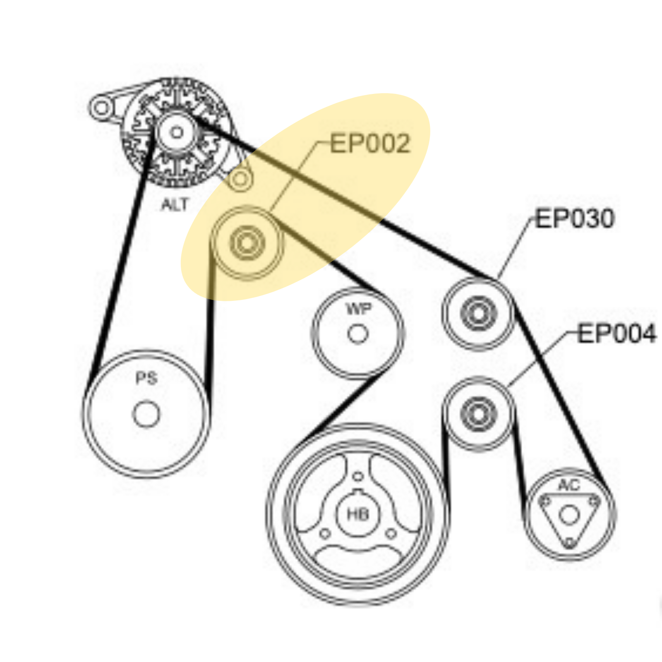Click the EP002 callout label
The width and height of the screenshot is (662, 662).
point(370,144)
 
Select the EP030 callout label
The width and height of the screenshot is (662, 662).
point(575,218)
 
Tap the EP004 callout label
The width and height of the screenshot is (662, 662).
point(617,333)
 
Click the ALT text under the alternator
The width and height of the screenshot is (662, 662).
point(175,204)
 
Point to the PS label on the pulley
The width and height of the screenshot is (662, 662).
point(147,378)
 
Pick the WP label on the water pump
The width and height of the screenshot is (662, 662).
point(358,309)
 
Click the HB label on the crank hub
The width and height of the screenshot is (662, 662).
point(357,515)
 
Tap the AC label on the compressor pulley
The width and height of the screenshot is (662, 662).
point(569,485)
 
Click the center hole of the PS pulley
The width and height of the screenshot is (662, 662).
point(146,414)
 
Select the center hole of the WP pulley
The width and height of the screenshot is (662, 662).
point(358,334)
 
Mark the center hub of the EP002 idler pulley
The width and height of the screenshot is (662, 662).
point(247,243)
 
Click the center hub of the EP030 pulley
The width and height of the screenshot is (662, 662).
point(478,314)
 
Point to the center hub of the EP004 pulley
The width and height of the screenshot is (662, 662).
point(478,414)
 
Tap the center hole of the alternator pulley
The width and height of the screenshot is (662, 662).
point(177,132)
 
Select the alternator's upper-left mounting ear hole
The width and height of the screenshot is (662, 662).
point(101,108)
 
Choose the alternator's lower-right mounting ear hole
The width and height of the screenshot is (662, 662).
point(240,180)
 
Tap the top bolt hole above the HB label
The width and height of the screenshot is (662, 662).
point(358,476)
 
